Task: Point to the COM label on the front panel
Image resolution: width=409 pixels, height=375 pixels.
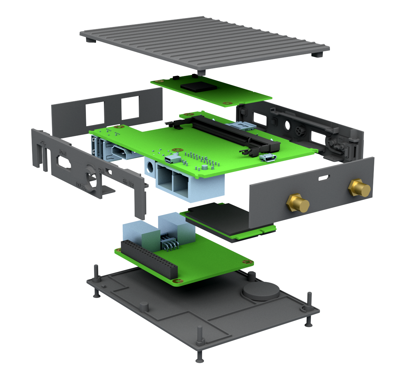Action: tap(101, 169)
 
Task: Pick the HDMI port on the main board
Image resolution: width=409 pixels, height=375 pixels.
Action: tap(119, 152)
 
